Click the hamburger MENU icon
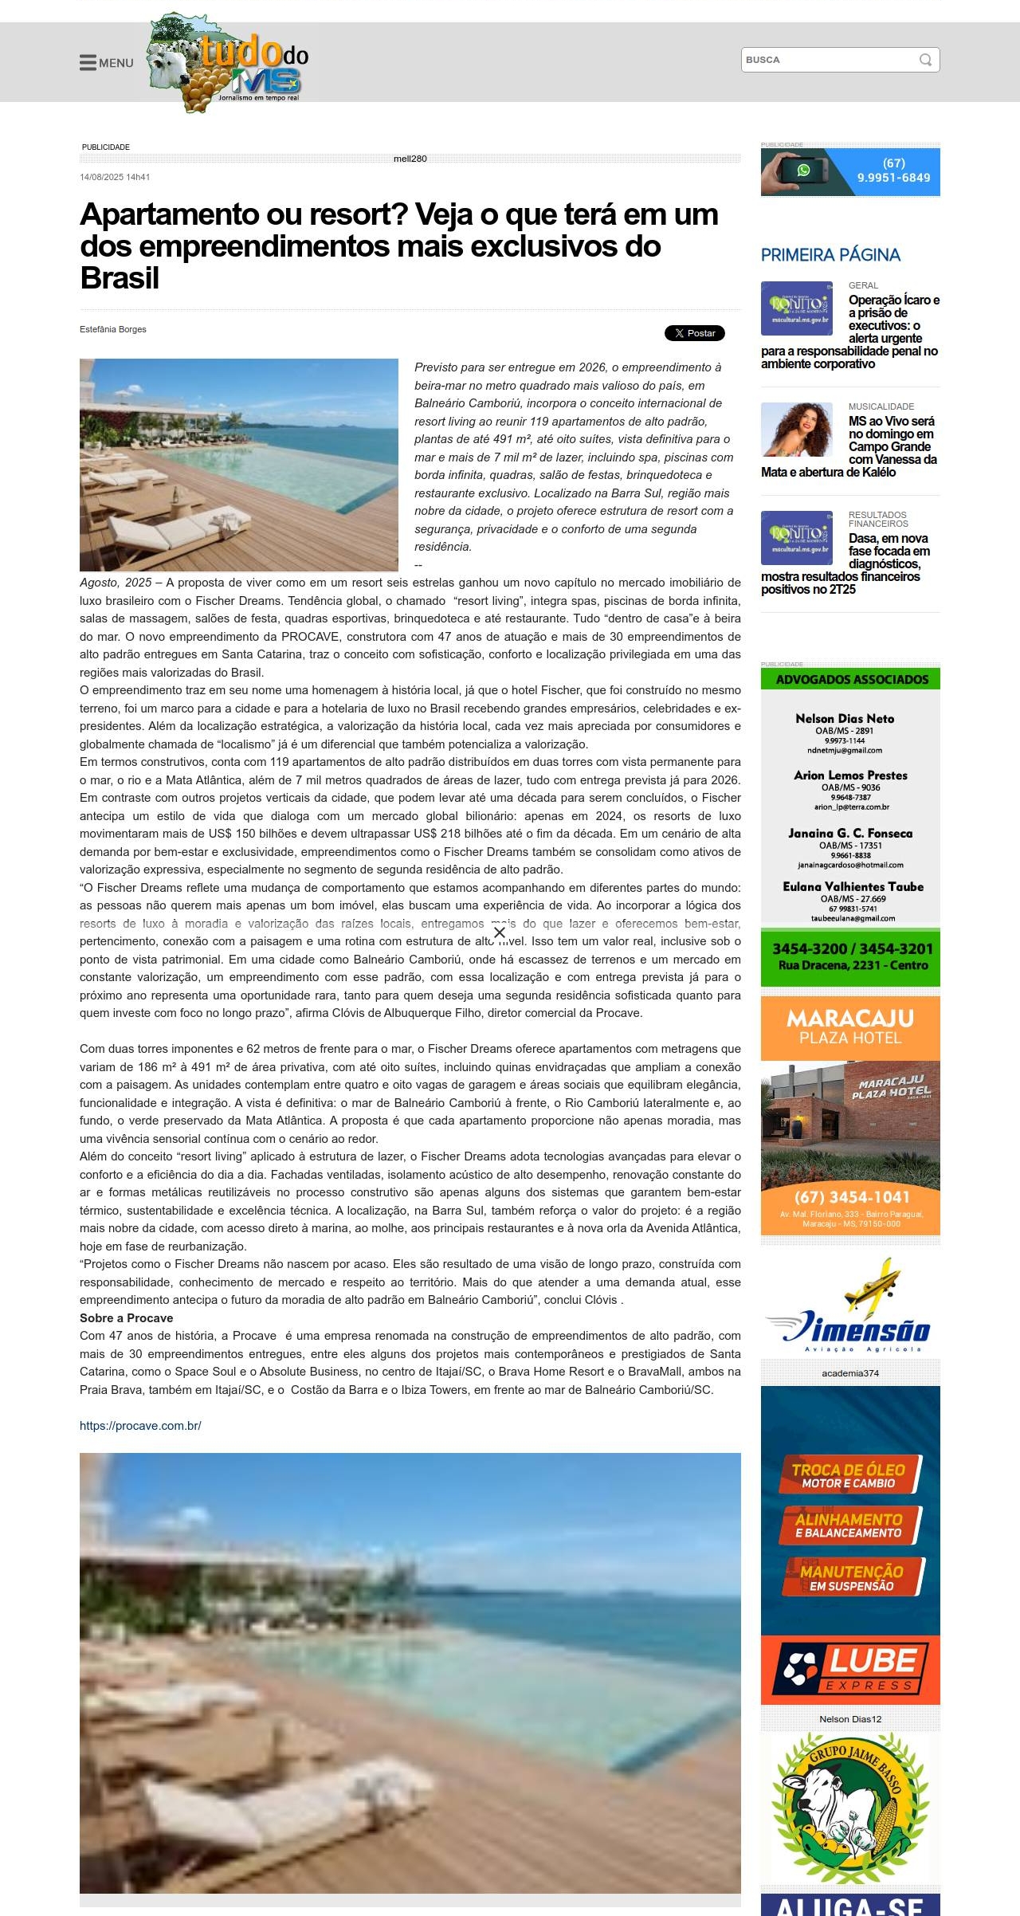[x=88, y=63]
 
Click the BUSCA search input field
[x=829, y=60]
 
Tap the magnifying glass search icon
[x=925, y=60]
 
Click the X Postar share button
[x=695, y=333]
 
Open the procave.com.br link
[x=140, y=1426]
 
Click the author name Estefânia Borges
[x=113, y=329]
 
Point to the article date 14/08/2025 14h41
[x=115, y=177]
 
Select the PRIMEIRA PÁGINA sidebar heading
[x=830, y=255]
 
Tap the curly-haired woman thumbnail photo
[x=797, y=430]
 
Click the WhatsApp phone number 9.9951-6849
[x=893, y=178]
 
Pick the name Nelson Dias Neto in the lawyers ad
[x=845, y=719]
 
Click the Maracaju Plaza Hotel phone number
[x=851, y=1197]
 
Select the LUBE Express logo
[x=850, y=1667]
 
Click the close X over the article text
[x=500, y=932]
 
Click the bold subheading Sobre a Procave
[x=126, y=1318]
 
